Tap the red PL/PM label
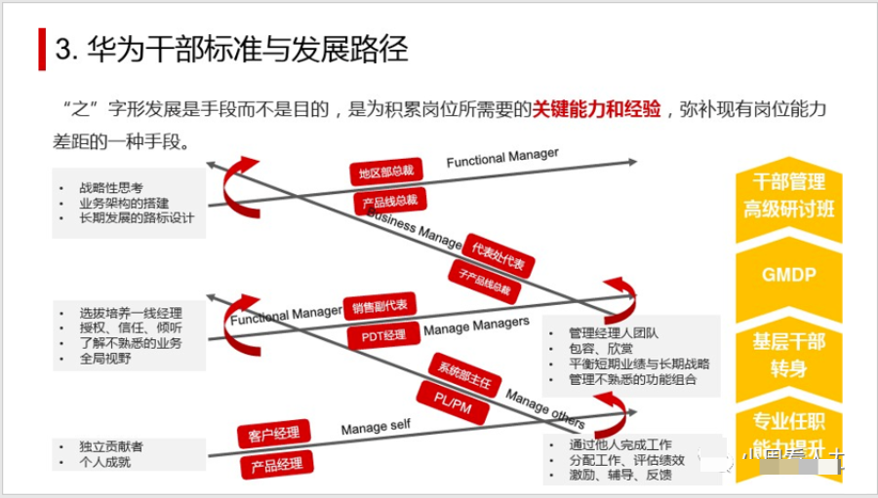(452, 402)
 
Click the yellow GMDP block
(788, 275)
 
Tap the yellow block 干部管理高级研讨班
(788, 195)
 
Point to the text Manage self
(376, 428)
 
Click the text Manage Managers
(476, 326)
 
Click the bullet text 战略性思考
(112, 186)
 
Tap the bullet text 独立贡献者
(112, 446)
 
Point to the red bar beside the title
(42, 50)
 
